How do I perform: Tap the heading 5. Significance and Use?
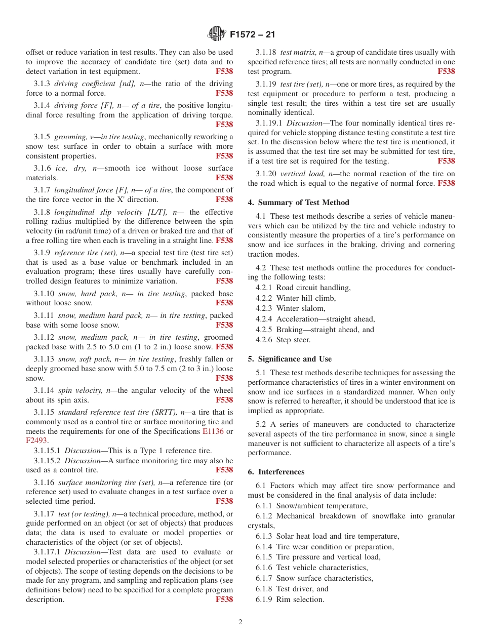pyautogui.click(x=290, y=359)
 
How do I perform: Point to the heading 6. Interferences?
pyautogui.click(x=276, y=472)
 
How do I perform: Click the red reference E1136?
pyautogui.click(x=213, y=431)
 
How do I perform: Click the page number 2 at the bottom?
pyautogui.click(x=240, y=622)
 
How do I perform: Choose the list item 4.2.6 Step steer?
pyautogui.click(x=283, y=340)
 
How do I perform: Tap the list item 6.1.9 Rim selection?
pyautogui.click(x=290, y=599)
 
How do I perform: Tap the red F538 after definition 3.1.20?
pyautogui.click(x=446, y=183)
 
